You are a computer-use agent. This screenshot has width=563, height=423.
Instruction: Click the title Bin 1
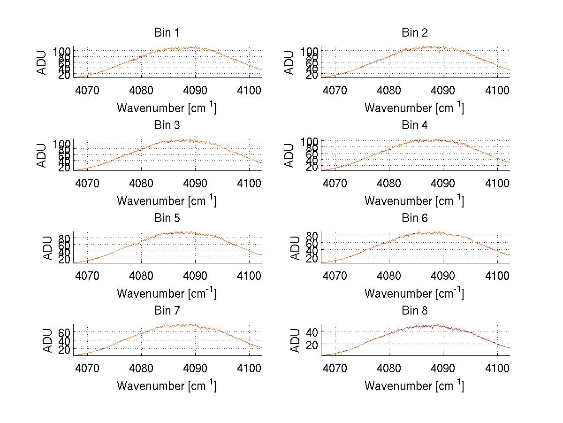pos(167,33)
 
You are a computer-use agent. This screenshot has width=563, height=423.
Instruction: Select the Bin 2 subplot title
pos(415,33)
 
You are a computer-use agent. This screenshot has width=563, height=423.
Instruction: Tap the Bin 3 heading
pos(167,125)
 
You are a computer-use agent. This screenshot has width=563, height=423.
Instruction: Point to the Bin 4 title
pos(415,125)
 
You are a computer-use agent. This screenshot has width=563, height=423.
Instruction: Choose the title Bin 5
pos(167,218)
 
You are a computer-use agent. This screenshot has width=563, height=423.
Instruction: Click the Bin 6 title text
pos(415,218)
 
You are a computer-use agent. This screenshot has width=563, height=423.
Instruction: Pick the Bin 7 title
pos(167,311)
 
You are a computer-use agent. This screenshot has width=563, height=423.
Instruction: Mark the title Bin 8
pos(415,311)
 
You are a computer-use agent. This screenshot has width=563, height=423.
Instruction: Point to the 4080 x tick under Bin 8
pos(389,368)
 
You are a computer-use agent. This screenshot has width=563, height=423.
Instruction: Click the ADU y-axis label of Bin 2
pos(290,62)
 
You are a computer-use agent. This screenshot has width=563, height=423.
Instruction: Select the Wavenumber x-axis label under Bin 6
pos(414,293)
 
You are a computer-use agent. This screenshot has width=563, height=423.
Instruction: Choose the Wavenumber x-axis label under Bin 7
pos(167,386)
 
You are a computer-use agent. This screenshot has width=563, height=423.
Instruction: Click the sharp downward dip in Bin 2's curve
pos(439,53)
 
